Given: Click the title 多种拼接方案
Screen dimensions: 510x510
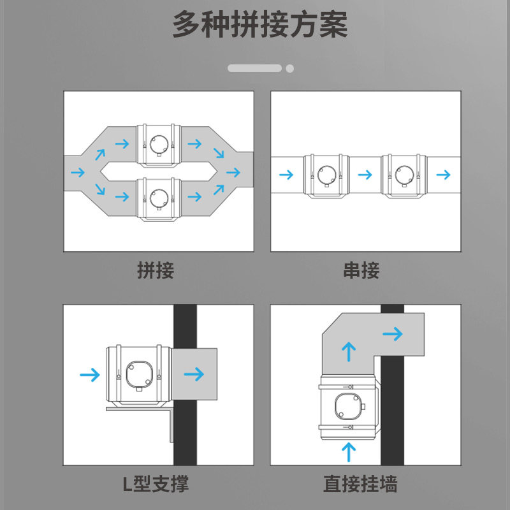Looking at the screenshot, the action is click(260, 24).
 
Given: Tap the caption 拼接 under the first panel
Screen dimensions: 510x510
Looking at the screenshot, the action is click(156, 270).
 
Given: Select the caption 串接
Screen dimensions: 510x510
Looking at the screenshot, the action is click(361, 270).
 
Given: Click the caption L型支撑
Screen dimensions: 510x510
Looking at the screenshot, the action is click(156, 484).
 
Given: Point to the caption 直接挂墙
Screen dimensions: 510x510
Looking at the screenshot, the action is click(360, 484).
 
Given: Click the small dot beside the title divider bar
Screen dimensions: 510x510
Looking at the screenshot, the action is click(290, 69).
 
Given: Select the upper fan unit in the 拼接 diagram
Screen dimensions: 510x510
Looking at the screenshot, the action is click(159, 145).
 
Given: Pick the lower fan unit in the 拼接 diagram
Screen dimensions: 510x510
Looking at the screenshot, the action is click(159, 199).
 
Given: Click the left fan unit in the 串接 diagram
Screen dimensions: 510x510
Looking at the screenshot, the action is click(326, 176).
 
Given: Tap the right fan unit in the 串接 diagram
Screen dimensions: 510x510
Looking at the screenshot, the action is click(404, 176).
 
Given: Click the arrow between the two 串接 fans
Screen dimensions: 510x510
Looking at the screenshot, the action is click(365, 175).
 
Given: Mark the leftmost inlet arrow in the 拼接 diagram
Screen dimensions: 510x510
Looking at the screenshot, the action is click(78, 172).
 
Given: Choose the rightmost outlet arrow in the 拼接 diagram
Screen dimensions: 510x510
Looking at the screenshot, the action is click(233, 172).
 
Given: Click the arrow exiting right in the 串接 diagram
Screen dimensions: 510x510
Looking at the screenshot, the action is click(443, 175).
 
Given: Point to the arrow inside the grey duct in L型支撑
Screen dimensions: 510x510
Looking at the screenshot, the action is click(194, 374).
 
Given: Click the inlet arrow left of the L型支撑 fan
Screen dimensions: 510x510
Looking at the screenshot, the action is click(90, 375).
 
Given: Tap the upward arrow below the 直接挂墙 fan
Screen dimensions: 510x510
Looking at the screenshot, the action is click(349, 452).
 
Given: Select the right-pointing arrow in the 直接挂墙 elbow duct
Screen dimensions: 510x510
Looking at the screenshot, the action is click(393, 334).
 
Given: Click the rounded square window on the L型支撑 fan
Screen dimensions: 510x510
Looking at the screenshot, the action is click(139, 374).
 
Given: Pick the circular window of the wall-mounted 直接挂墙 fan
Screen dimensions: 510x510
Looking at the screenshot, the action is click(348, 406).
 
